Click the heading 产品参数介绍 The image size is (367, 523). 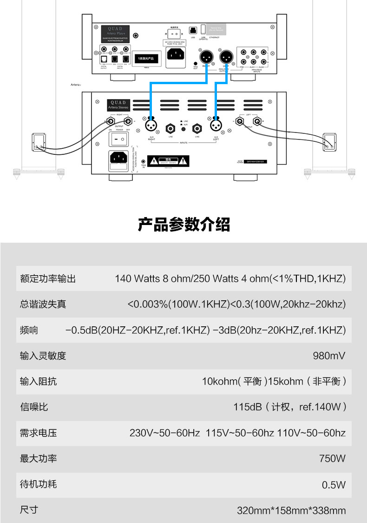183,225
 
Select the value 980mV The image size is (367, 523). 329,356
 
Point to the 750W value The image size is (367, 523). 332,458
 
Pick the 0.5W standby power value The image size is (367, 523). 334,485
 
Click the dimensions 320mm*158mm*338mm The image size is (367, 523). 291,510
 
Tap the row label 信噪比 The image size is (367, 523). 34,407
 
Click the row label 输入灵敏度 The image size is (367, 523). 43,356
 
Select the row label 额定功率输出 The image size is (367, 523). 48,279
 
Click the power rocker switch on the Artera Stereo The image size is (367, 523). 118,138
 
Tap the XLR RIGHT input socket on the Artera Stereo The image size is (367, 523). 151,126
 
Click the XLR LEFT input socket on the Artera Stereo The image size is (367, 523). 216,126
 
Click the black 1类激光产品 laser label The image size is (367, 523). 146,59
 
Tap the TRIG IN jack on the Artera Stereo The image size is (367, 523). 144,160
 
